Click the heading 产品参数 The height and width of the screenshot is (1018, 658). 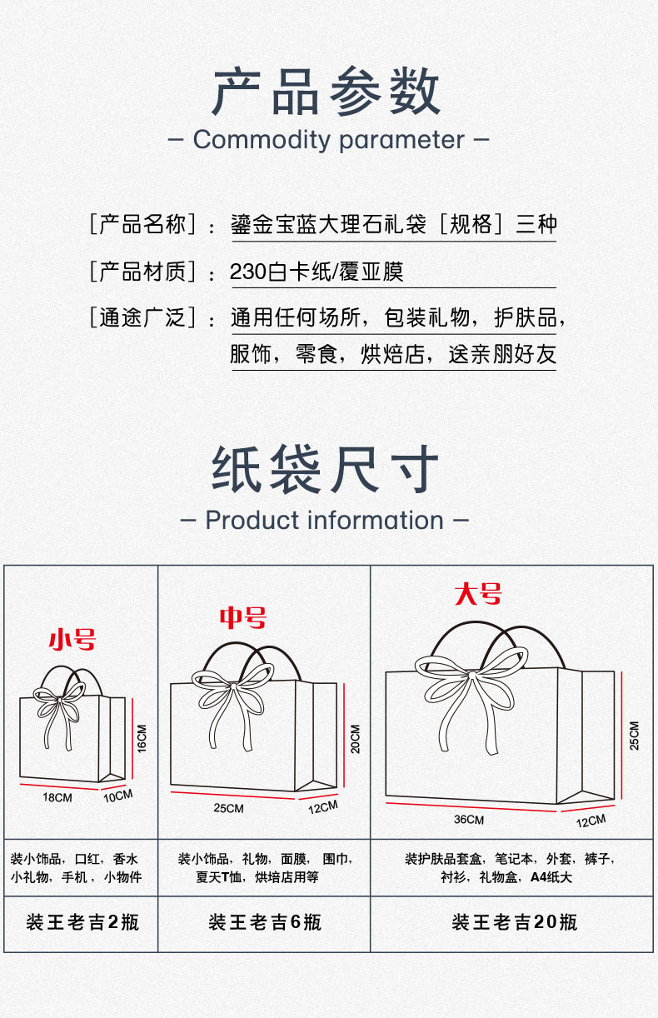click(x=327, y=91)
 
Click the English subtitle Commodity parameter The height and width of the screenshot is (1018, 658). click(x=329, y=139)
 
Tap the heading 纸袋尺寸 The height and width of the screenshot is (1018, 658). click(x=326, y=469)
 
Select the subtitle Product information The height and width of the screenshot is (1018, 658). click(x=325, y=520)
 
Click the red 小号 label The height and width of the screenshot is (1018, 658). click(x=72, y=640)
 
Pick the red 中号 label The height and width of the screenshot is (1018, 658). click(x=243, y=617)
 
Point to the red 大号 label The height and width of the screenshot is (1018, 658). click(x=478, y=594)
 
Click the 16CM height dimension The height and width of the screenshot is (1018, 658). click(x=142, y=738)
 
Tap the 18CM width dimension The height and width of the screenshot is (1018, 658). click(x=57, y=797)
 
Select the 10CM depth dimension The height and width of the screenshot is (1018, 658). click(x=118, y=796)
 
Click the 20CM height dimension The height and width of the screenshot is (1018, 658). click(x=356, y=739)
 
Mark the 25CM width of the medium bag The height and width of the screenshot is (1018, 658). click(x=228, y=809)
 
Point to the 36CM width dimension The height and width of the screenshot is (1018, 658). click(x=469, y=820)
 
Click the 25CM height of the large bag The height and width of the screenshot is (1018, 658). click(x=635, y=736)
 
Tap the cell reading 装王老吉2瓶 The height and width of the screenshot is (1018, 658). click(x=82, y=922)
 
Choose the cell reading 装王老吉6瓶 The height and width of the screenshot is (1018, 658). click(x=265, y=922)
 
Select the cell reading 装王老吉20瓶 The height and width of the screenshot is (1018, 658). click(x=515, y=922)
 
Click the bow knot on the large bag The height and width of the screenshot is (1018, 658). click(x=471, y=676)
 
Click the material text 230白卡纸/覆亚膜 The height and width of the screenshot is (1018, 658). click(x=317, y=272)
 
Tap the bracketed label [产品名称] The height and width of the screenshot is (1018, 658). click(x=142, y=224)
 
